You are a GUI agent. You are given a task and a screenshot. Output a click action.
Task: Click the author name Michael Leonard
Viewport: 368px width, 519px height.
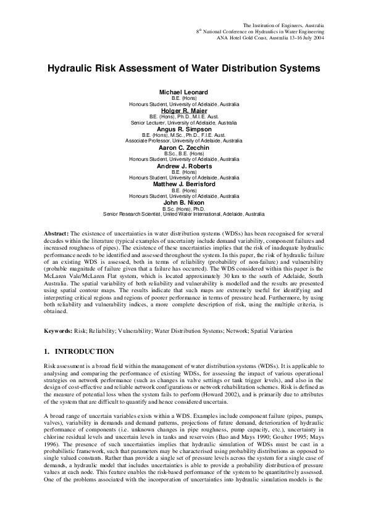point(184,92)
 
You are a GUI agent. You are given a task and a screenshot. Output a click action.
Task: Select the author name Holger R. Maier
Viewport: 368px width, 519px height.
point(184,110)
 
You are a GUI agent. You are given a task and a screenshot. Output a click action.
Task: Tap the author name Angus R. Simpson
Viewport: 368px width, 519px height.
point(184,129)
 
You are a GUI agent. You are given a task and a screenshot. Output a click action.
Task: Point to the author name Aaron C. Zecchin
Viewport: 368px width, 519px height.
point(184,148)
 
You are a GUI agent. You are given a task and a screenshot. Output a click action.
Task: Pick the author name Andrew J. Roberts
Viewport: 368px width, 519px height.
point(184,166)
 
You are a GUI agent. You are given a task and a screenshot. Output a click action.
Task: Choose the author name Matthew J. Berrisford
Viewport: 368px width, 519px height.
point(184,184)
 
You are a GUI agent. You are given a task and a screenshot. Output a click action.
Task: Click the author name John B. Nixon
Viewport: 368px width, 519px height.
point(184,203)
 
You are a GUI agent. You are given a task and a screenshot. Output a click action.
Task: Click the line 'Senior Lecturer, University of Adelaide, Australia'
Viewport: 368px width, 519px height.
point(184,123)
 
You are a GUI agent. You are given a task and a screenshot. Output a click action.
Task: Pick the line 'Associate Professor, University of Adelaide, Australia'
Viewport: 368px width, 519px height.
point(184,141)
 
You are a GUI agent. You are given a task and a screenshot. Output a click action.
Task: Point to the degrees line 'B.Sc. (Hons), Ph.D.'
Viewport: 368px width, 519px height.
point(184,209)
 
